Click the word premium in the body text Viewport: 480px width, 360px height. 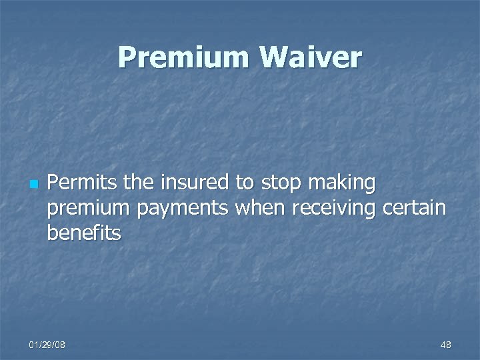point(89,209)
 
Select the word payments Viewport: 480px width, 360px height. point(182,209)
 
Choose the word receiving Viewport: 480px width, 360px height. point(332,209)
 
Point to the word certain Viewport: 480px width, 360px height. point(415,208)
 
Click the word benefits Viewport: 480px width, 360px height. point(84,234)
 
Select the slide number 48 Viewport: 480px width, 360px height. point(445,345)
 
